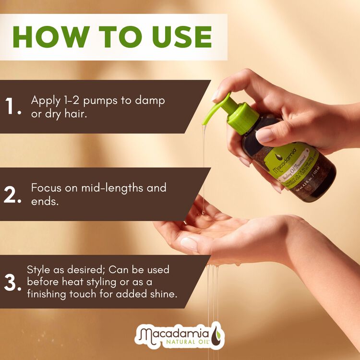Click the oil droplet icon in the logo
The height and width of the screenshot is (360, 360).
216,335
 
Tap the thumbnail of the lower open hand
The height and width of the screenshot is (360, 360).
189,244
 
